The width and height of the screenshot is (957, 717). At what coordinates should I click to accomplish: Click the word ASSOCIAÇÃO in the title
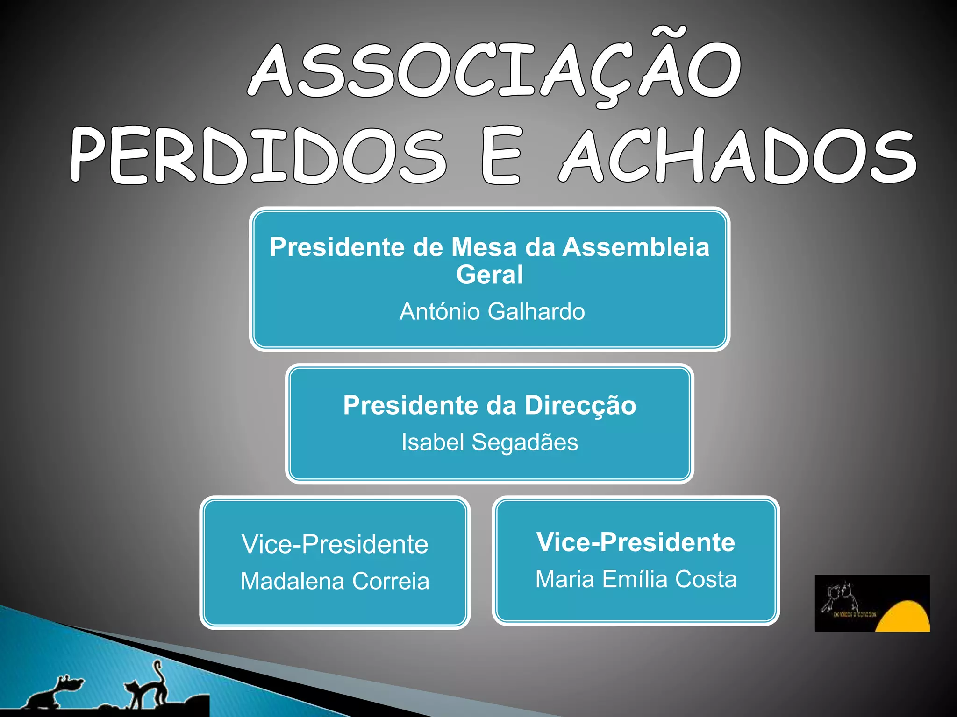tap(494, 70)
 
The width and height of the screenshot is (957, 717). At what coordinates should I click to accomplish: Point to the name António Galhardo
tap(492, 311)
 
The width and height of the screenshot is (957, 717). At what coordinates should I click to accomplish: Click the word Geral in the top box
tap(489, 274)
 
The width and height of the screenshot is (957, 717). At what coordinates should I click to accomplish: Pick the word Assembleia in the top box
tap(636, 247)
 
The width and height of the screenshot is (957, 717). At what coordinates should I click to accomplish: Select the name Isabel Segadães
tap(490, 442)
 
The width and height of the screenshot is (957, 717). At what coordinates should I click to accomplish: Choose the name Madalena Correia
tap(335, 581)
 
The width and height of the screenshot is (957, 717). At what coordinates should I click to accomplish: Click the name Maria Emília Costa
tap(636, 579)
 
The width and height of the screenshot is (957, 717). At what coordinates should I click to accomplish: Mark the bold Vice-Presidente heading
tap(636, 542)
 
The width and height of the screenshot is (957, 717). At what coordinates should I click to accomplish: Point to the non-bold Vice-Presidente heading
tap(335, 544)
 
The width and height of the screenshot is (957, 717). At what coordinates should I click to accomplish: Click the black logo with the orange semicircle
tap(872, 603)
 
